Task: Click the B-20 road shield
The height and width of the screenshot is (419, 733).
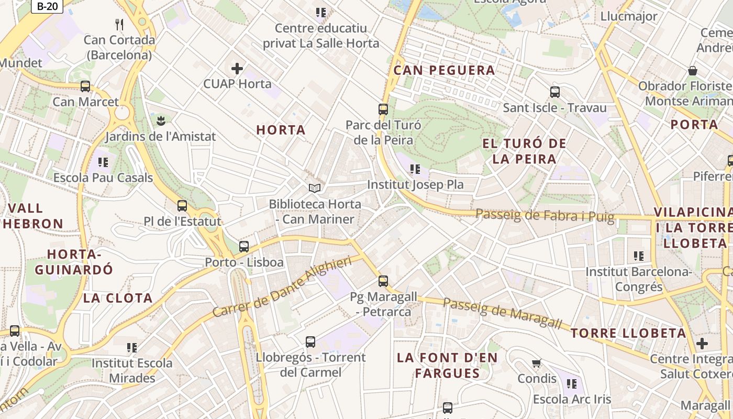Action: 47,6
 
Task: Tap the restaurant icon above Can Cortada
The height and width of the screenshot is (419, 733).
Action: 119,24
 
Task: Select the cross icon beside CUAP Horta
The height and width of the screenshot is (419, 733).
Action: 237,68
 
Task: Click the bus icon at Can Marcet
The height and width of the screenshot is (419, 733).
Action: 85,86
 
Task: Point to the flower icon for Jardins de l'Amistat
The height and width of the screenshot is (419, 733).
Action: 160,121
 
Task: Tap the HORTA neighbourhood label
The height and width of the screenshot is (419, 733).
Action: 281,130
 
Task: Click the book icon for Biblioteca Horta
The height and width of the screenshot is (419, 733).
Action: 315,188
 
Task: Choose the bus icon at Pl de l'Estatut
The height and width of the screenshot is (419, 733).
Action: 182,206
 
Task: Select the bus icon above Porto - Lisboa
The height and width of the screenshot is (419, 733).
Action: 244,247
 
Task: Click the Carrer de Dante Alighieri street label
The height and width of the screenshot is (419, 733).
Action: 282,286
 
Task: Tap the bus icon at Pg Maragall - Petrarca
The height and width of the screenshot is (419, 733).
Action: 383,281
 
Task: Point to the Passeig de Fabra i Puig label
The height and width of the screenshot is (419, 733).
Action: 545,215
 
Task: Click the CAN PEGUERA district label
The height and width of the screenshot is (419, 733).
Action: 444,70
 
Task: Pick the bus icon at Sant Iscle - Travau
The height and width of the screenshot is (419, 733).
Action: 555,92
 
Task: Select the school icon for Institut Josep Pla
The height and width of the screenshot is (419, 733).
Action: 415,169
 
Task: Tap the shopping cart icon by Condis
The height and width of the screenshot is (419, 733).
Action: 537,363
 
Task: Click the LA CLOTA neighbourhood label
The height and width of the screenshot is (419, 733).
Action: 118,298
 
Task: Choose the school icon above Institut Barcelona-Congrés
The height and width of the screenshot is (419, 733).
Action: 639,256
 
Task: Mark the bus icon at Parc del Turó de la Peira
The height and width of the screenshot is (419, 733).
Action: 383,109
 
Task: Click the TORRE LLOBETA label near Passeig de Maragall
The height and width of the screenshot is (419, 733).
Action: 628,333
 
